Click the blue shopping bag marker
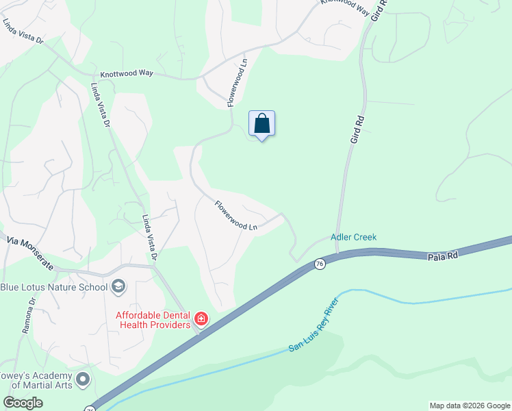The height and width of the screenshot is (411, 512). (261, 124)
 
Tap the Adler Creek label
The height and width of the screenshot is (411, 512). (353, 237)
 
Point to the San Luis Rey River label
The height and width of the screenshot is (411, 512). (314, 338)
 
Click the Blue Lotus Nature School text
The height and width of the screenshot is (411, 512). (54, 286)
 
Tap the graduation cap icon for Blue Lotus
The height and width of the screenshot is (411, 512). (118, 286)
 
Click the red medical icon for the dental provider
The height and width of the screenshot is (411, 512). (201, 319)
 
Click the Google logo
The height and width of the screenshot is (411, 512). (23, 403)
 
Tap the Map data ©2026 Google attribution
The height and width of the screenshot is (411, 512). (469, 406)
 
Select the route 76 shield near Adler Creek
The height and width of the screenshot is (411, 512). (319, 264)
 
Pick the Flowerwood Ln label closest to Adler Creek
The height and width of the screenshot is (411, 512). (236, 215)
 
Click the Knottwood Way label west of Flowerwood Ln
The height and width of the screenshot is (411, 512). (127, 73)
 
